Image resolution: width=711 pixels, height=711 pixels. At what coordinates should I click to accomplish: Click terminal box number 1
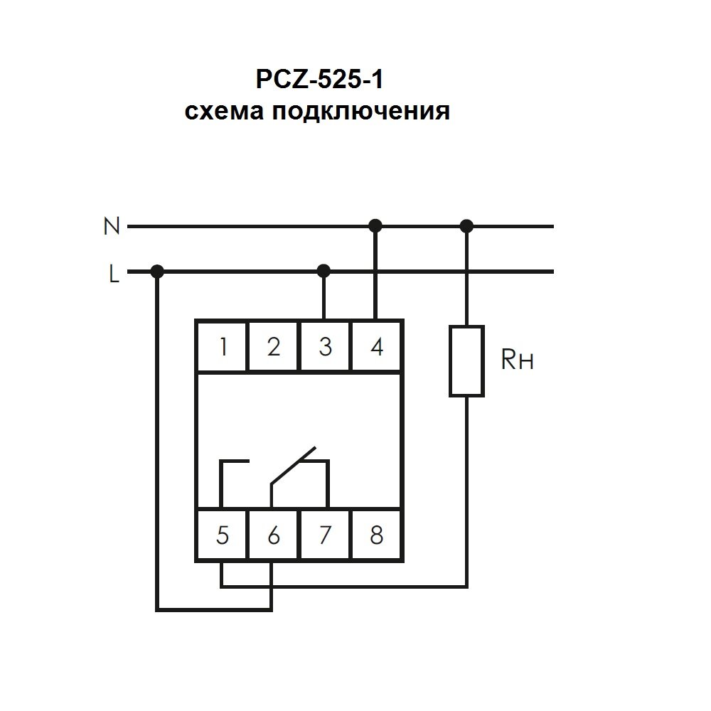[x=223, y=347]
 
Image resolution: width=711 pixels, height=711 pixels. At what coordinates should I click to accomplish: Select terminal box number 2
[x=274, y=347]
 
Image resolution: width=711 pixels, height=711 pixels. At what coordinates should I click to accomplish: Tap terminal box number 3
[x=325, y=347]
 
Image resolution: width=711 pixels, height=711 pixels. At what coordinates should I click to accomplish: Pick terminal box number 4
[x=377, y=347]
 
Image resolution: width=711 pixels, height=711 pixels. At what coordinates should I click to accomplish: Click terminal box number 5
[x=223, y=535]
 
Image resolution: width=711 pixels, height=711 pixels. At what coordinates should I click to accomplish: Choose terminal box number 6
[x=274, y=535]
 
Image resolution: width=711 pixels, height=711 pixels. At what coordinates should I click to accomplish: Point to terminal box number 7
[x=325, y=535]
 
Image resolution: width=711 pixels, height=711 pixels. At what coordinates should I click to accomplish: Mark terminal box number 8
[x=377, y=535]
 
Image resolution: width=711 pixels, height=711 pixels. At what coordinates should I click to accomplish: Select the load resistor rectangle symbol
[x=466, y=360]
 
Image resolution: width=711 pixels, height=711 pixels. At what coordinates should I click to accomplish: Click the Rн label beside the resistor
[x=517, y=361]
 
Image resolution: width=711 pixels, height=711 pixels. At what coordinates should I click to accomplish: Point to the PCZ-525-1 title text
[x=319, y=79]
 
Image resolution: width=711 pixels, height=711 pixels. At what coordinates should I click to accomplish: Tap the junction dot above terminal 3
[x=324, y=270]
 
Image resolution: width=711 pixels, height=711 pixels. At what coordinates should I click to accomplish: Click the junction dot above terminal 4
[x=376, y=226]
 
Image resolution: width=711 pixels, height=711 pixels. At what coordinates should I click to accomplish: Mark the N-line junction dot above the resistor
[x=466, y=226]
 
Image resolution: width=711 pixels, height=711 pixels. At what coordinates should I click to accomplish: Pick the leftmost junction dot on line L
[x=158, y=270]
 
